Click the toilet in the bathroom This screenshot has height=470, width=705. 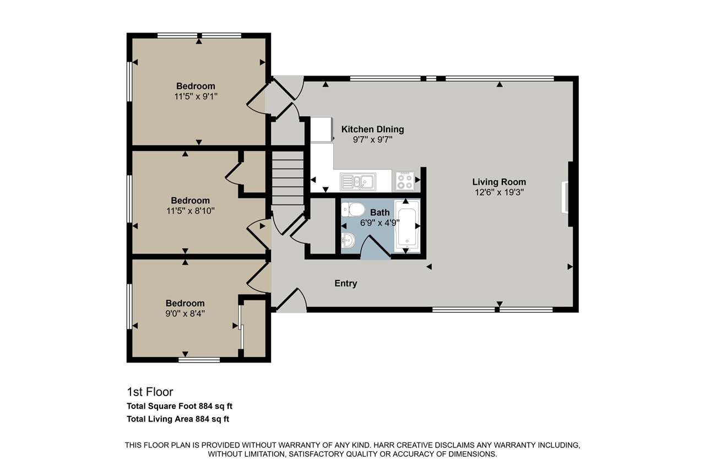[352, 209]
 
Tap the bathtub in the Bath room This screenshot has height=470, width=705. [407, 226]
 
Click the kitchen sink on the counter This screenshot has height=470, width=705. [357, 180]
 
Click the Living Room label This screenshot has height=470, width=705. [499, 182]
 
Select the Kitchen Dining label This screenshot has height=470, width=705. [372, 129]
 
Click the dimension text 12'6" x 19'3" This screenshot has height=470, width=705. [499, 192]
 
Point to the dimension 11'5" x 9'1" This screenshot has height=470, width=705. [196, 96]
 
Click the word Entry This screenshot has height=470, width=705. [346, 283]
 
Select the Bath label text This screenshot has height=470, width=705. [379, 212]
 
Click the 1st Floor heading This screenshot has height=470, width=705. [150, 392]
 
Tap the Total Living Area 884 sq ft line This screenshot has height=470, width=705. [178, 419]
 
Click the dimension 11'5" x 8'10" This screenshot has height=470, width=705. [190, 210]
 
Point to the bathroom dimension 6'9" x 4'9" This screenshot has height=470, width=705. [379, 223]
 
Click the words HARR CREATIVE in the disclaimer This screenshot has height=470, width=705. [395, 445]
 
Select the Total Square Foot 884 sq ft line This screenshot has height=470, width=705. [180, 406]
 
